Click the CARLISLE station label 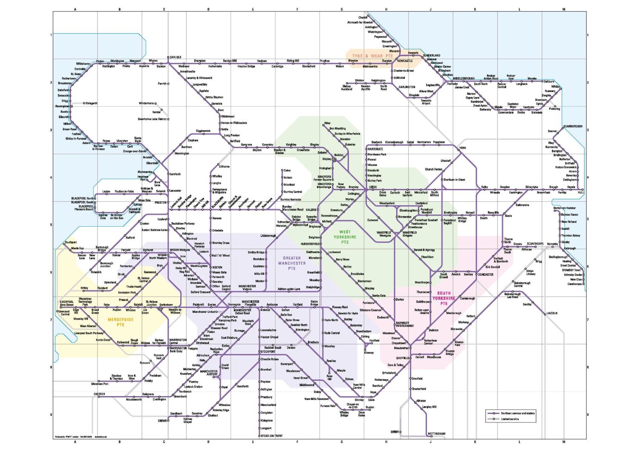[176, 57]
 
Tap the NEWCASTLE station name [405, 61]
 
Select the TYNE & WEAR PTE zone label [372, 56]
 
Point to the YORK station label [463, 148]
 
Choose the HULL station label [581, 193]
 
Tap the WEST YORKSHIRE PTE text [345, 237]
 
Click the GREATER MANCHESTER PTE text [292, 263]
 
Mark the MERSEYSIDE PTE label [121, 322]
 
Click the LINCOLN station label [552, 313]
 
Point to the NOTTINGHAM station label [437, 434]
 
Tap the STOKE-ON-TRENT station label [271, 436]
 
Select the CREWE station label [162, 421]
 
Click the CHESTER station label [99, 394]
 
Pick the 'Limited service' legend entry [509, 419]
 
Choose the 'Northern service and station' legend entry [517, 413]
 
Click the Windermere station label [147, 103]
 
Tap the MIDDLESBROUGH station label [463, 79]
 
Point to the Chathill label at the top [363, 17]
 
